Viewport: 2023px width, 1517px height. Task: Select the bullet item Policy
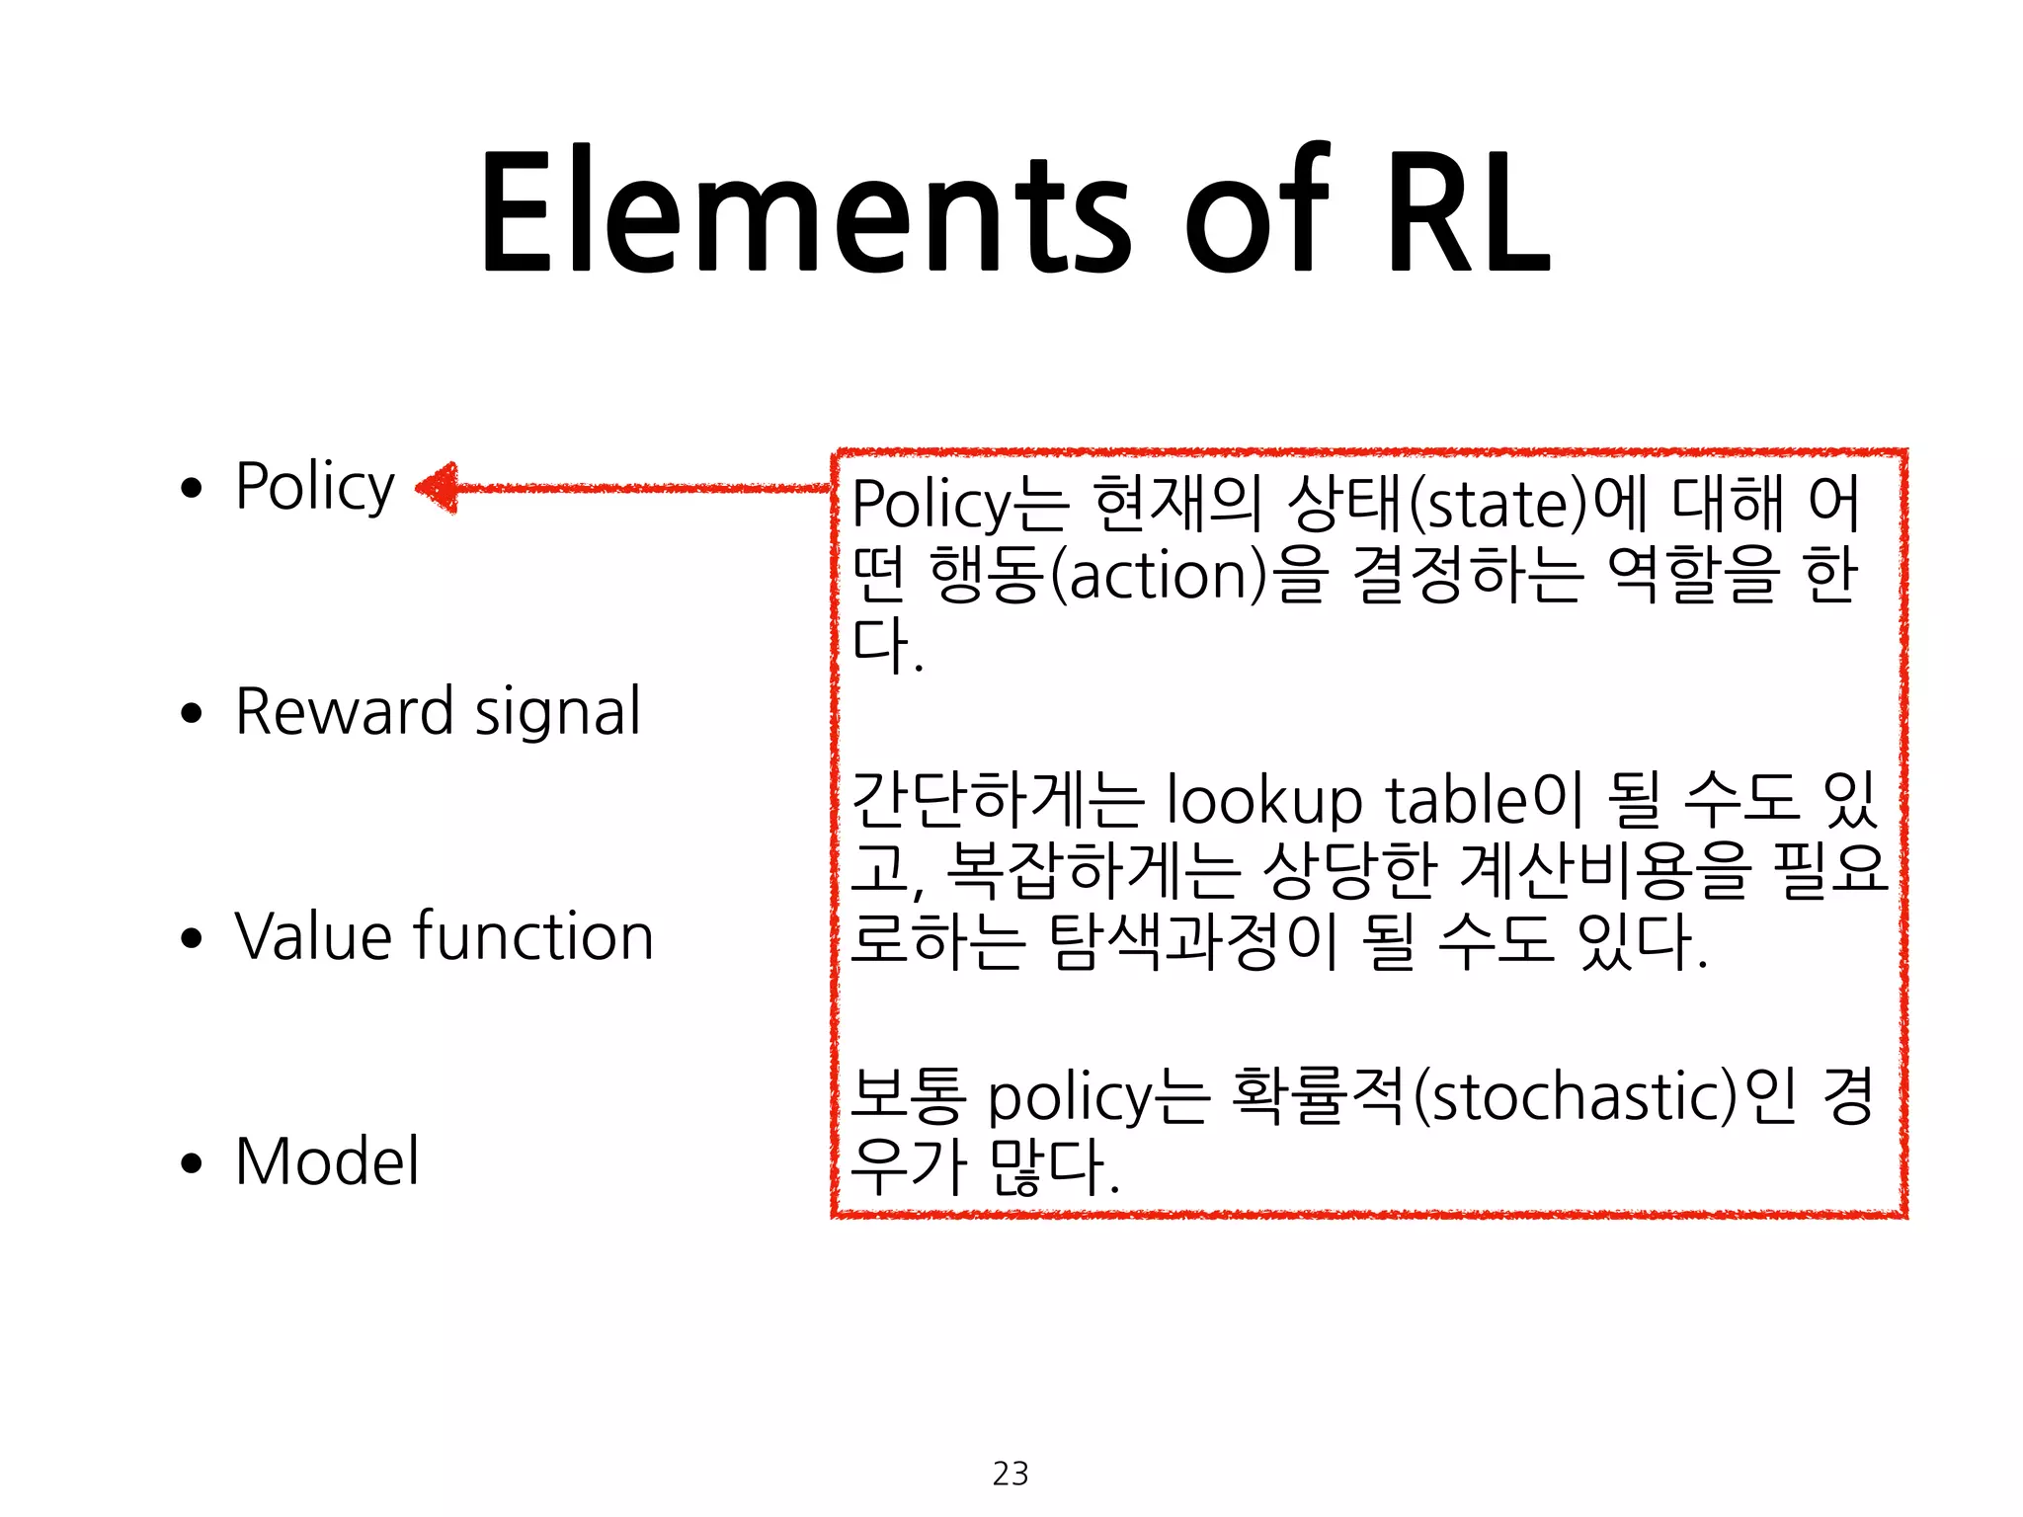[315, 486]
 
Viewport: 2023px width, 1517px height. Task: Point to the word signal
[558, 713]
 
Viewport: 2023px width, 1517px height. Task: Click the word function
[533, 936]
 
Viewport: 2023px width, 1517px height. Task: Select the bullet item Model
[327, 1161]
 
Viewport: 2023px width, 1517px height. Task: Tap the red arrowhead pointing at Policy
[438, 488]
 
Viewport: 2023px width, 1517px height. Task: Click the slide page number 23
[1011, 1474]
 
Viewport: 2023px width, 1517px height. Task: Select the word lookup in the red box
[1264, 800]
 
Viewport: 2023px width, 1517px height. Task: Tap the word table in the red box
[1457, 800]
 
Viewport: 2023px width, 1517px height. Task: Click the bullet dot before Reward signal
[192, 713]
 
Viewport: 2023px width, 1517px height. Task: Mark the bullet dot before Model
[192, 1163]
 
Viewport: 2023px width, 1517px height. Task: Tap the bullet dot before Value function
[192, 938]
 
